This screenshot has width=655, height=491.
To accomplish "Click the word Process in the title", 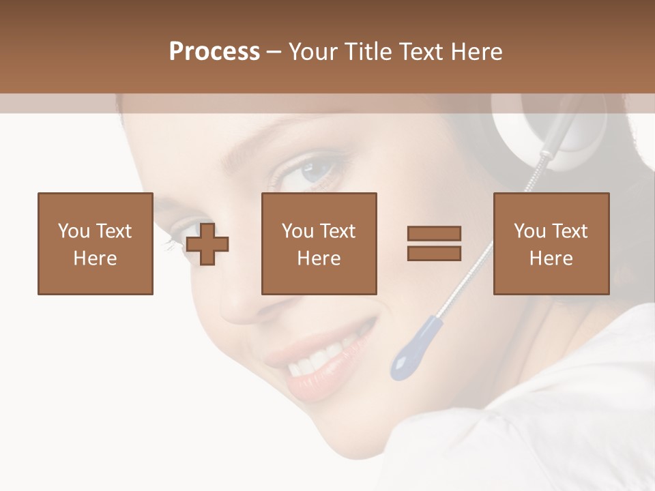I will (214, 52).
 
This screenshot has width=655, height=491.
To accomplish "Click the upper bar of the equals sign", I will (435, 233).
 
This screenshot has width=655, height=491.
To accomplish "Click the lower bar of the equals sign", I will (435, 254).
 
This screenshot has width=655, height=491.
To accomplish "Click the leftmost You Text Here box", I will (96, 243).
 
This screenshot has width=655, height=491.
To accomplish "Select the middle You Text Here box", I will (319, 243).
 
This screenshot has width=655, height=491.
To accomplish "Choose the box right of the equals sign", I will (551, 243).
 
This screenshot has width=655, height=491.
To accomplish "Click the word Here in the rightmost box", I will (551, 258).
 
